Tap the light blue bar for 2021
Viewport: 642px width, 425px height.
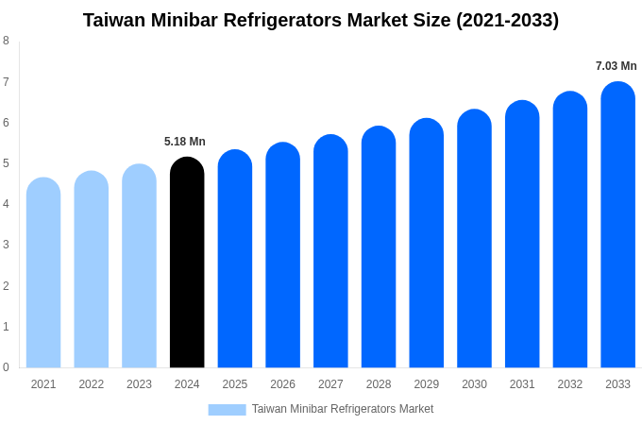(x=43, y=273)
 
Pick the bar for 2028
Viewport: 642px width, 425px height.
(x=379, y=247)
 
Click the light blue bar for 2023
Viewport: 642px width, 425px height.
(x=139, y=266)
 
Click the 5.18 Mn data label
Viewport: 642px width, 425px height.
(x=185, y=142)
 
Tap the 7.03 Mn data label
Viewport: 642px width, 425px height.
(x=616, y=66)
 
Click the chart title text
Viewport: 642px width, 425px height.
(x=321, y=20)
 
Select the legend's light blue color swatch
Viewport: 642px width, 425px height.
(x=227, y=409)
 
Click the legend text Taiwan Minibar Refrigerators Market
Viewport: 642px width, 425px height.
(x=343, y=409)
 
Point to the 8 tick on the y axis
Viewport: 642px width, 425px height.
(x=6, y=41)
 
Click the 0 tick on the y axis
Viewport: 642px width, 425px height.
(x=6, y=367)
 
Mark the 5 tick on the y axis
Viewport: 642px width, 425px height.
(x=6, y=163)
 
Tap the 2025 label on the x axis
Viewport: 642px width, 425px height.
(x=235, y=384)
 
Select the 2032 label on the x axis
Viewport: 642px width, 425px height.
(x=569, y=384)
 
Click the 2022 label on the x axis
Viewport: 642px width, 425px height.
(x=92, y=384)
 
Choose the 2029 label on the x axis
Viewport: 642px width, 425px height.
(x=426, y=384)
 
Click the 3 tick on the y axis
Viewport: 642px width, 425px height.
(x=6, y=245)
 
